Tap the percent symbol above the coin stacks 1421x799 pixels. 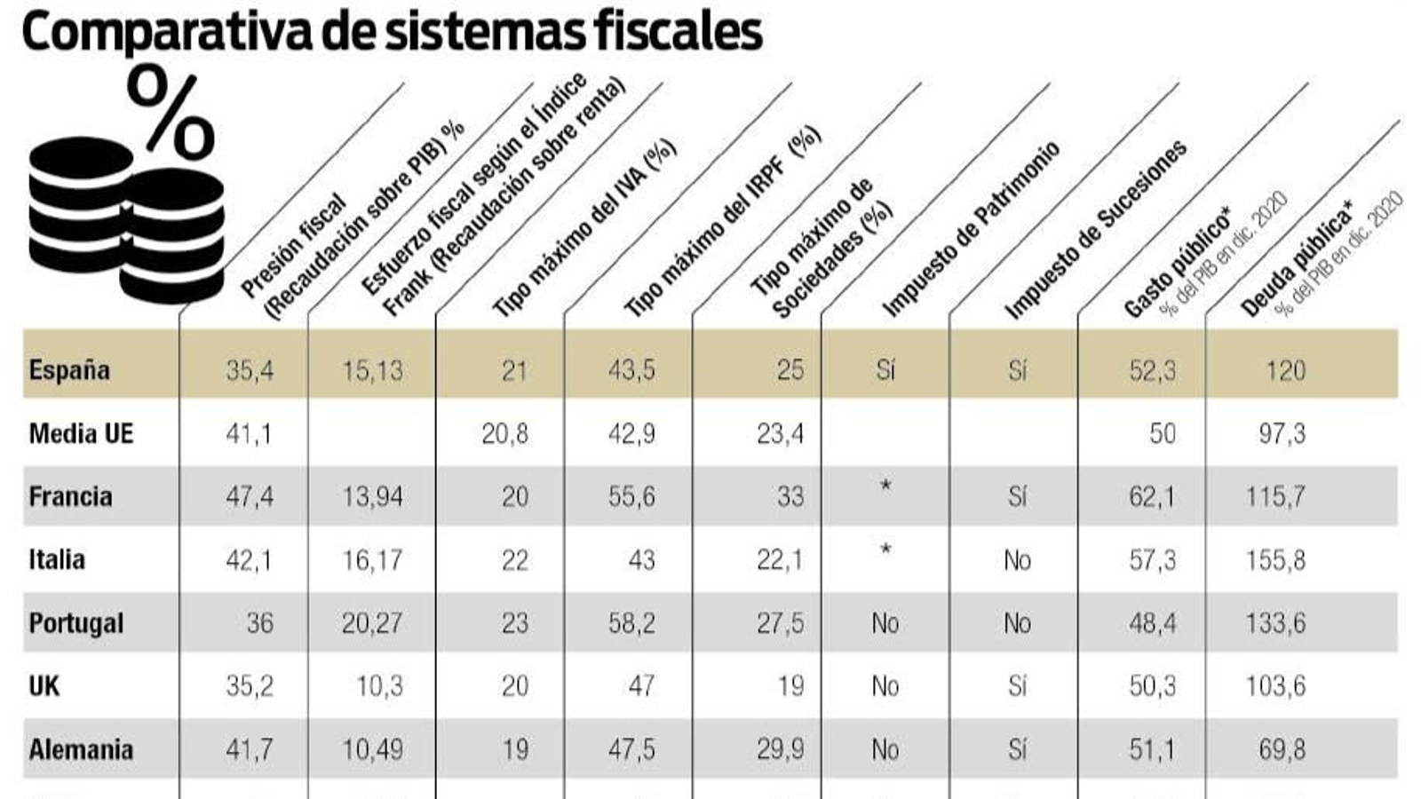[x=171, y=113]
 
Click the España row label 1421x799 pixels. [x=69, y=369]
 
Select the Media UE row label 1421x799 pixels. [x=81, y=433]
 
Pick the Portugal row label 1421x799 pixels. [x=76, y=623]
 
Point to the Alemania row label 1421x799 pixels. [x=81, y=749]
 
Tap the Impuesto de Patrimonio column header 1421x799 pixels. [x=970, y=229]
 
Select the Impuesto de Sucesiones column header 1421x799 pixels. [x=1094, y=231]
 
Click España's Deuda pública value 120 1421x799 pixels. [x=1285, y=370]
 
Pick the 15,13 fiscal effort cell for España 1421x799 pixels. [x=372, y=370]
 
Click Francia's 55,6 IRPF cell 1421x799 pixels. [x=631, y=496]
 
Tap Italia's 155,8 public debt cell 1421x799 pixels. [x=1275, y=560]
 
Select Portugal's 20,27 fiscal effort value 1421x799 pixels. [x=372, y=623]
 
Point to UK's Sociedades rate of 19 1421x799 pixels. [x=790, y=686]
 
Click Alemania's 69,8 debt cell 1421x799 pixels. [x=1282, y=749]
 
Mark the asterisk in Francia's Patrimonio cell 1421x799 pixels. [x=885, y=487]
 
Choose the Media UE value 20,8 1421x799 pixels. [x=504, y=433]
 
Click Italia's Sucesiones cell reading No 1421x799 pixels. [x=1017, y=560]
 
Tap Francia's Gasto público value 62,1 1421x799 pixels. [x=1152, y=496]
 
